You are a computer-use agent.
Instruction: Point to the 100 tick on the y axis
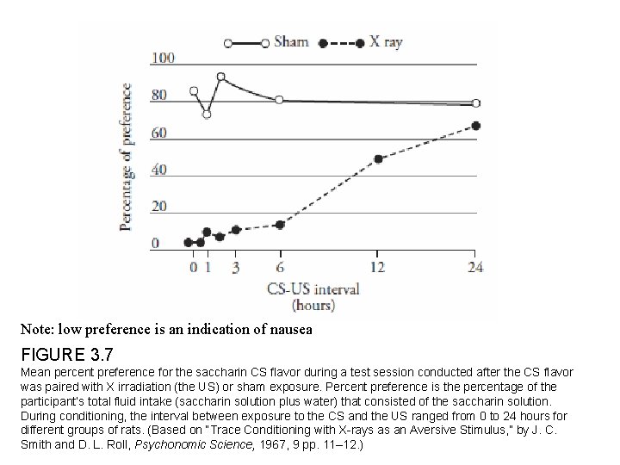[x=164, y=59]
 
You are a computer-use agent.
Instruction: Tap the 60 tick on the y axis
[x=160, y=133]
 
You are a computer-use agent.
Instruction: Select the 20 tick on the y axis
[x=160, y=207]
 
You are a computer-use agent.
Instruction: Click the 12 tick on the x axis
[x=377, y=268]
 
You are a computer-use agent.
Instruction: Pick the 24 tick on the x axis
[x=474, y=268]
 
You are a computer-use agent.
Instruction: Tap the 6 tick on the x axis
[x=279, y=268]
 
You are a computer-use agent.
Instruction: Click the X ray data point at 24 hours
[x=475, y=126]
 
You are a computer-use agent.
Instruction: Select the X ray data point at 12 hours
[x=378, y=158]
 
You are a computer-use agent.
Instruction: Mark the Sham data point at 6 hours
[x=279, y=100]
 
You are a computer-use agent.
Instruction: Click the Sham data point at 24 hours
[x=475, y=103]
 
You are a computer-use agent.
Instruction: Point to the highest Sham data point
[x=220, y=77]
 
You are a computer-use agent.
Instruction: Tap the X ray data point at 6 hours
[x=279, y=225]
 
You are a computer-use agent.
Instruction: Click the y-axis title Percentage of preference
[x=127, y=156]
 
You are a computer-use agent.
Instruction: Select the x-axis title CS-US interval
[x=313, y=289]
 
